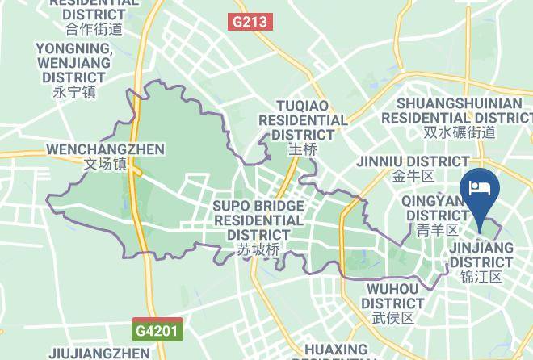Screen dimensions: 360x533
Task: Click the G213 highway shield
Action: (x=250, y=22)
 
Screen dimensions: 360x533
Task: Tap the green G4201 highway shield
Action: (x=158, y=329)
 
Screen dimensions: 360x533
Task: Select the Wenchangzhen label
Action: (x=105, y=149)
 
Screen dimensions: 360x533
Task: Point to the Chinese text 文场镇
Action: (x=105, y=164)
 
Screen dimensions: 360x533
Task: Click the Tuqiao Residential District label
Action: (x=302, y=120)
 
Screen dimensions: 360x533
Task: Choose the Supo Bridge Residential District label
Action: (x=258, y=220)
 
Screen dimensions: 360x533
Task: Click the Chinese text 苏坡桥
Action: (x=258, y=250)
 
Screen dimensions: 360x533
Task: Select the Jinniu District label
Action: (x=413, y=161)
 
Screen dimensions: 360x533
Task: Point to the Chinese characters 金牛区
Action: (x=413, y=175)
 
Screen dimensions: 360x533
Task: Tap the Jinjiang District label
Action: (x=481, y=255)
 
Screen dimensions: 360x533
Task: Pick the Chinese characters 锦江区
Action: (x=481, y=277)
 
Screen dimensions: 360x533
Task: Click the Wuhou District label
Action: (x=393, y=295)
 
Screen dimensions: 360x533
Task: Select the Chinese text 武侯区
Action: (x=393, y=317)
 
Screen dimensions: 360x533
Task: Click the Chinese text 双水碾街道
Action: (x=460, y=132)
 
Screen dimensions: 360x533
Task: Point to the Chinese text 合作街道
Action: (x=94, y=29)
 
